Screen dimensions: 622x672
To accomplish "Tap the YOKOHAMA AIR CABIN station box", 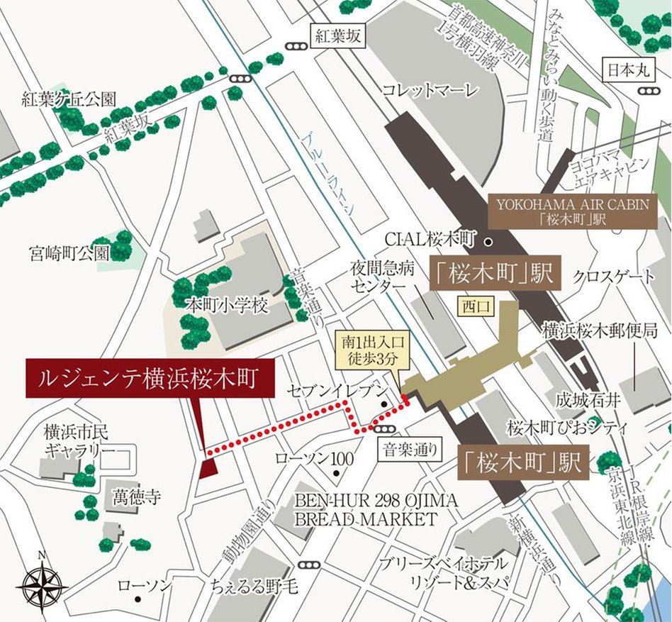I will click(573, 211).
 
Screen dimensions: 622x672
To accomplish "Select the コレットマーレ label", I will click(430, 90).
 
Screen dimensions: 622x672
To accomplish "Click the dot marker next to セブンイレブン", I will click(383, 406).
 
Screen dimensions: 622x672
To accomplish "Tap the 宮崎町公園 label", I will click(69, 252).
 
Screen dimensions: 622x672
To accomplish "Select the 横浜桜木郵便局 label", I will click(601, 330).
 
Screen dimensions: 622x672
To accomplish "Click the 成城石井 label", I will click(588, 400).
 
